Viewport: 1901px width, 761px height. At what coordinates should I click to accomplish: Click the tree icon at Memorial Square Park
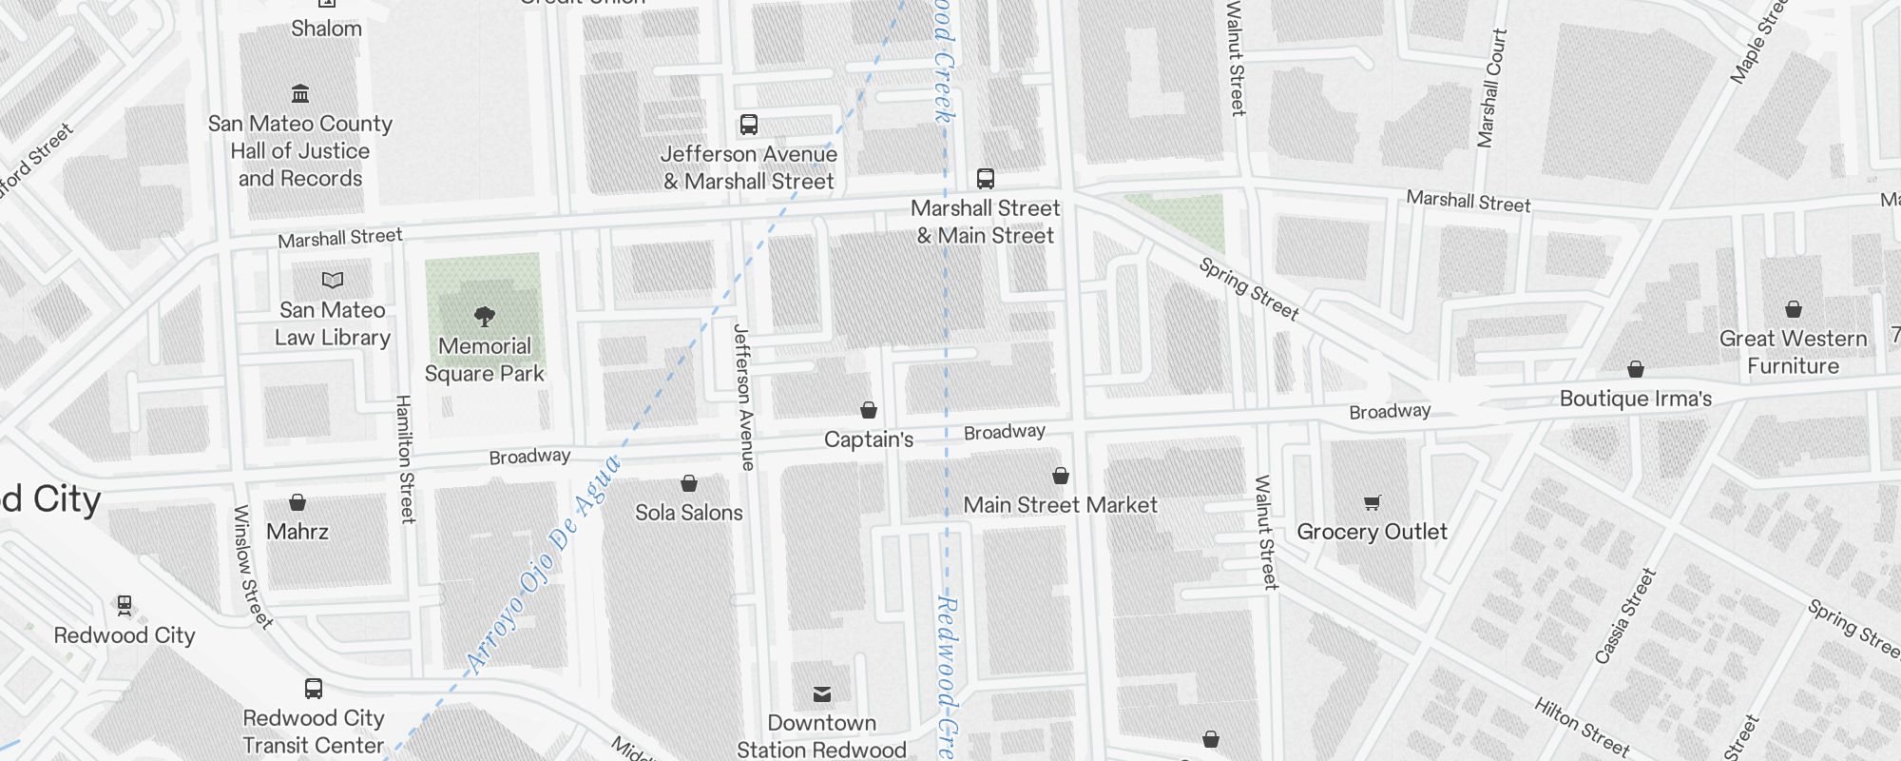click(485, 316)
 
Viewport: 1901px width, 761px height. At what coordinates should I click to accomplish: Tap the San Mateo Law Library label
click(333, 323)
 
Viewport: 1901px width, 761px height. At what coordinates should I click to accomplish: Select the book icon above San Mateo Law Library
click(333, 280)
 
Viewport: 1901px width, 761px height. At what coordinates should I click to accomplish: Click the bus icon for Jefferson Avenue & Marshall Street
click(749, 125)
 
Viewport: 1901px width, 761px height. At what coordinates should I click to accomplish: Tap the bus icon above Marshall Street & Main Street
click(986, 179)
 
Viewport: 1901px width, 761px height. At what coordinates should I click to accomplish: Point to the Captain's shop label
click(869, 439)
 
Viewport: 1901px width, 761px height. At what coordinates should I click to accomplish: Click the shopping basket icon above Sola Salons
click(689, 484)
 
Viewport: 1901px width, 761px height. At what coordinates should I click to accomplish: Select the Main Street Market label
click(1061, 505)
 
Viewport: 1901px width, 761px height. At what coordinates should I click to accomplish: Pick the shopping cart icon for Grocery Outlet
click(1372, 502)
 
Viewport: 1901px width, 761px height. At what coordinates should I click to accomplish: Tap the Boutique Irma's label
click(1635, 399)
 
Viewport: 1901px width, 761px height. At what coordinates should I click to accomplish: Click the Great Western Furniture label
click(1793, 352)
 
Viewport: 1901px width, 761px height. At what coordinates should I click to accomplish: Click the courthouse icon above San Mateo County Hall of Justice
click(300, 94)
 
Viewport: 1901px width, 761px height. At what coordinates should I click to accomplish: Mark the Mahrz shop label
click(298, 532)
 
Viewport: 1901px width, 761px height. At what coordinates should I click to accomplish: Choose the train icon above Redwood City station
click(124, 605)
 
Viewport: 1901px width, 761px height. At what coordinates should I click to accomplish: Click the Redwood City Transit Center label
click(313, 732)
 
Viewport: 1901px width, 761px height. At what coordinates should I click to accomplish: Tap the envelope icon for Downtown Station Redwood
click(822, 694)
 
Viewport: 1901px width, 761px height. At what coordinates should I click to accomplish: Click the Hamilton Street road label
click(406, 459)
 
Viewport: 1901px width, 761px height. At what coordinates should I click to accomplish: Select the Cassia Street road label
click(1626, 615)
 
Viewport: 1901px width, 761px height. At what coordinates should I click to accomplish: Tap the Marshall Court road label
click(1491, 88)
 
